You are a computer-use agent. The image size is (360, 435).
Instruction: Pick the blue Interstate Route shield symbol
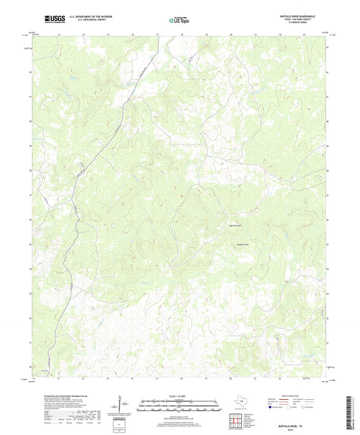click(x=272, y=408)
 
